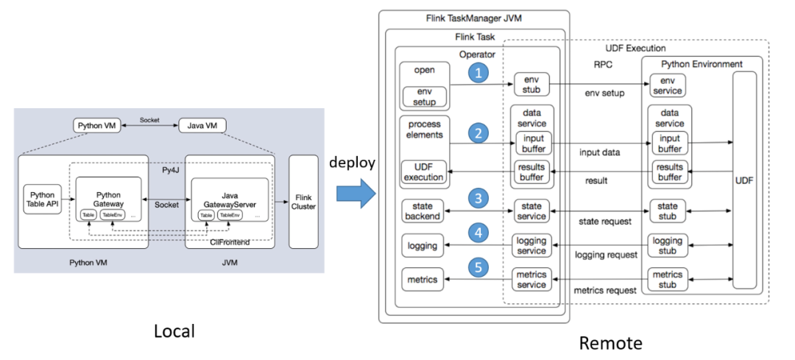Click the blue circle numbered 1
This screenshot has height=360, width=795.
tap(479, 74)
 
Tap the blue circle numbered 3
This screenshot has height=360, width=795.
tap(479, 198)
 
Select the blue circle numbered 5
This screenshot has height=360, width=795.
tap(479, 268)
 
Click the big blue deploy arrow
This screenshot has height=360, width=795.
tap(356, 194)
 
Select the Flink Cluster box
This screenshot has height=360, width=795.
tap(303, 201)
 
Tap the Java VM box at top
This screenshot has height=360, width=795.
tap(201, 125)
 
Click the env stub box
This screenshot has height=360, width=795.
tap(531, 84)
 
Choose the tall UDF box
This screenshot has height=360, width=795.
tap(744, 179)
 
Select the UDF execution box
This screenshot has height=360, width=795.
tap(423, 172)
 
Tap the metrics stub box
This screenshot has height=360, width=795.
tap(667, 280)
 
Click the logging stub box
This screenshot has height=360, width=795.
tap(667, 244)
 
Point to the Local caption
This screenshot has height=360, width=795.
tap(174, 331)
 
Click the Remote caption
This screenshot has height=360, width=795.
tap(610, 342)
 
